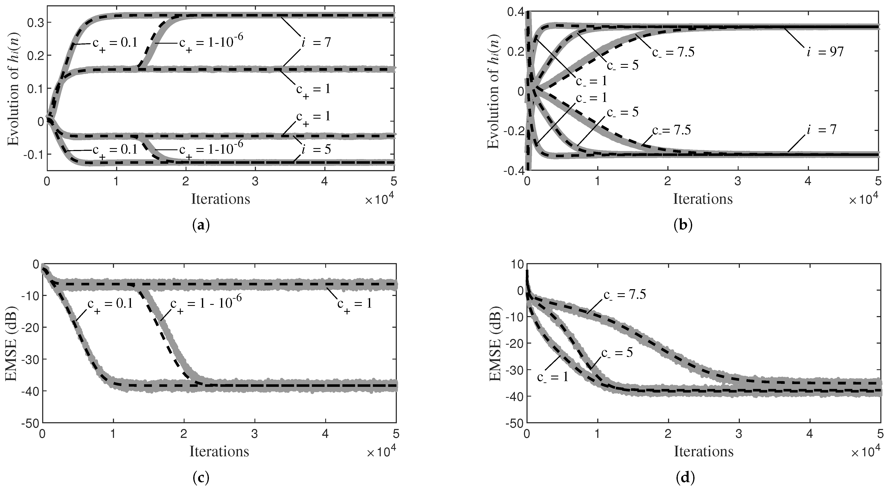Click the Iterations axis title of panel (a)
point(221,199)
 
